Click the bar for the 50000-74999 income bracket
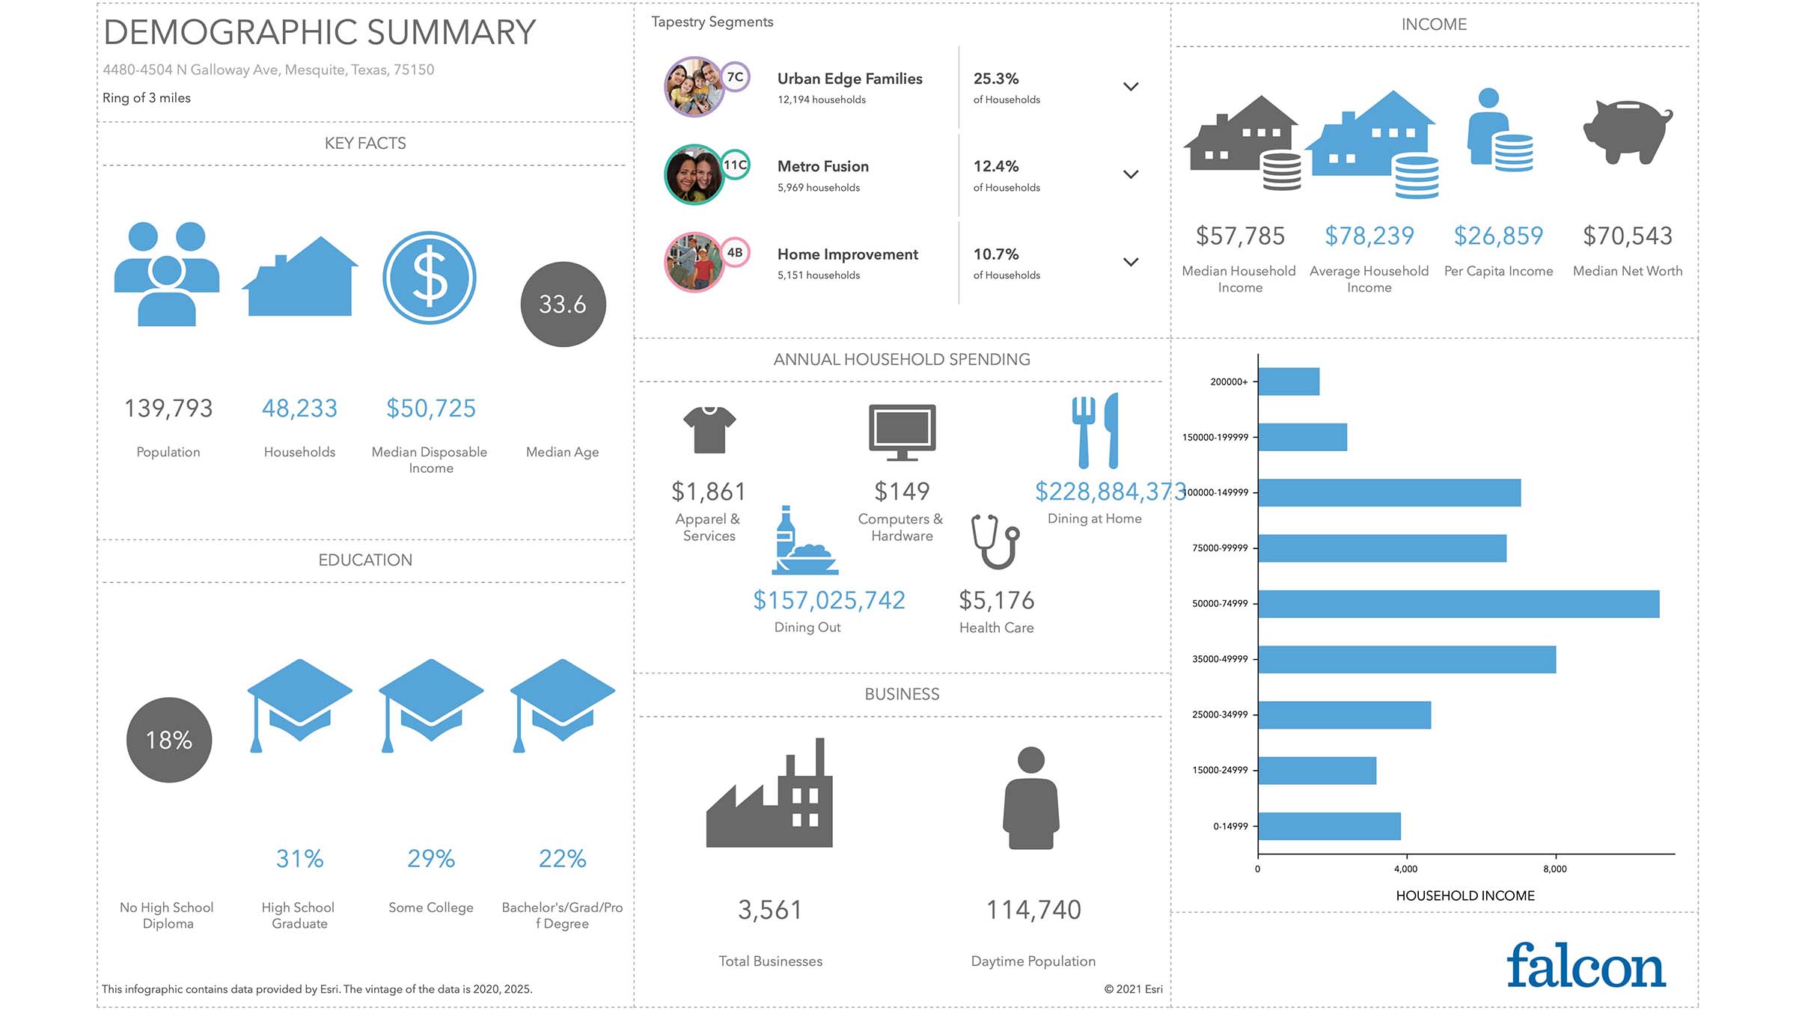[x=1458, y=604]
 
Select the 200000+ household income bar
[x=1289, y=382]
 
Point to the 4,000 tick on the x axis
[x=1405, y=869]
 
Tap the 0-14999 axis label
[x=1230, y=826]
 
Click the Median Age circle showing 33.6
[x=563, y=304]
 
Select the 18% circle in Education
[x=169, y=740]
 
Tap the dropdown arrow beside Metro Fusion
[x=1131, y=174]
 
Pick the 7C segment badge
[x=735, y=77]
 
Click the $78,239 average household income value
[x=1369, y=236]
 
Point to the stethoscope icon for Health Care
[x=995, y=541]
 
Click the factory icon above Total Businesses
[x=769, y=795]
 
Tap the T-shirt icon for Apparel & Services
[x=709, y=429]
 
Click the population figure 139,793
[x=168, y=408]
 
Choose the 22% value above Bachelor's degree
[x=562, y=858]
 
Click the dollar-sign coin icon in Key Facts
[x=430, y=278]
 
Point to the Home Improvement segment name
[x=847, y=254]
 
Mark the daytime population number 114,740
[x=1033, y=910]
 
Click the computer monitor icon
[x=902, y=432]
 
